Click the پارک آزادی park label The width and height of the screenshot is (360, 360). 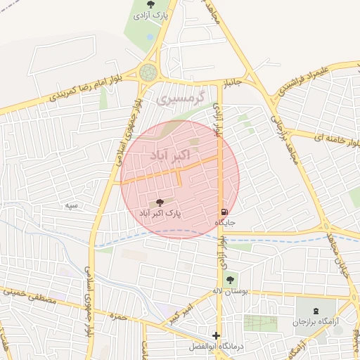coord(154,15)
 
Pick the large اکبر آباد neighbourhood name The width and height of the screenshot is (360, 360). coord(167,153)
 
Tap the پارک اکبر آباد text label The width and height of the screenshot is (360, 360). coord(160,212)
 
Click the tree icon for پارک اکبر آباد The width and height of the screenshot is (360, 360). coord(160,202)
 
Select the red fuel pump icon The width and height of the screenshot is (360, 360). coord(224,212)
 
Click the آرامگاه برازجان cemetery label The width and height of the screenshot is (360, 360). coord(315,321)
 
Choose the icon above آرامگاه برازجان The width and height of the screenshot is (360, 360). coord(315,309)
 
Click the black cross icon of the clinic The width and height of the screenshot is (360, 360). coord(217,335)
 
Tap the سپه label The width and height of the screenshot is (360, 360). coord(71,205)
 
